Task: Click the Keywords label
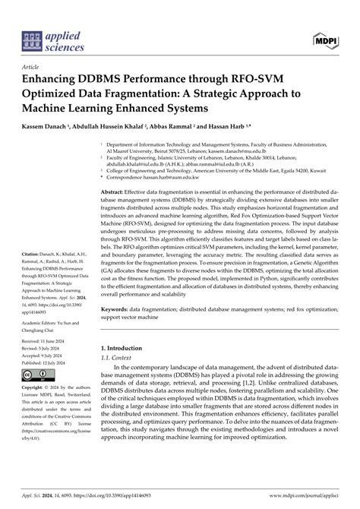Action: [120, 309]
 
